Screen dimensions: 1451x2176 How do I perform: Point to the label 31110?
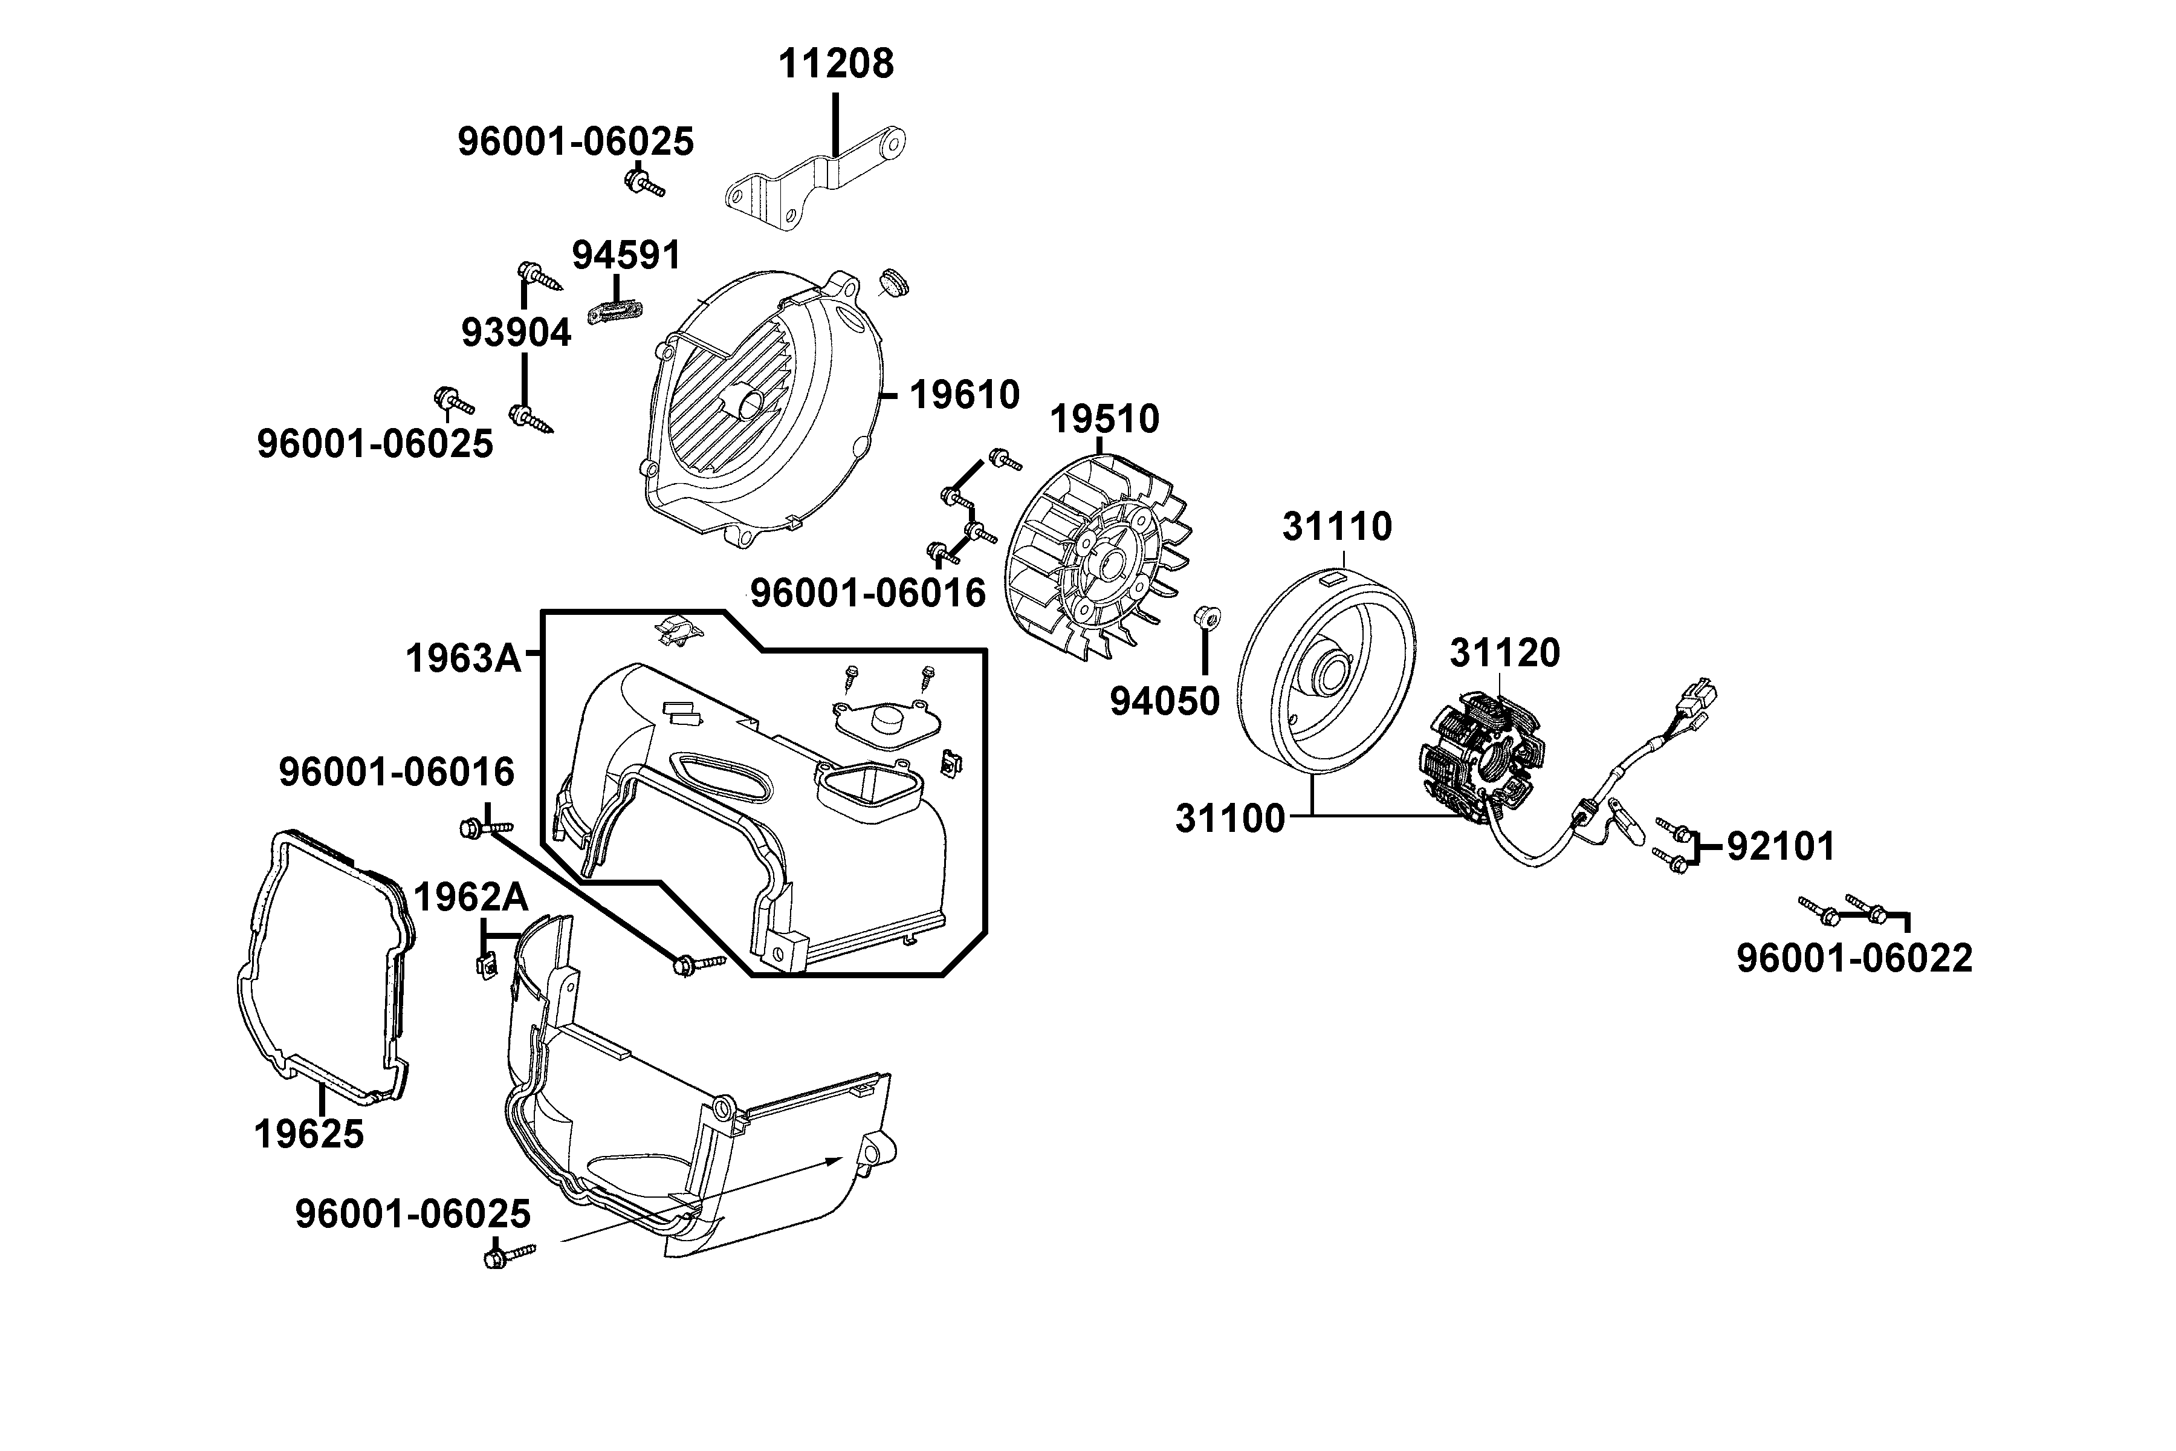[x=1337, y=527]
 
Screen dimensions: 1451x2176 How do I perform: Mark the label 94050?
[x=1165, y=701]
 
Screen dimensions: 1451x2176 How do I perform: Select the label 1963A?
[x=464, y=659]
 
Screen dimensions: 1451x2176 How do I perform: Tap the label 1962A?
[x=470, y=897]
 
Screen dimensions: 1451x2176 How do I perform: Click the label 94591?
[x=626, y=255]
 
